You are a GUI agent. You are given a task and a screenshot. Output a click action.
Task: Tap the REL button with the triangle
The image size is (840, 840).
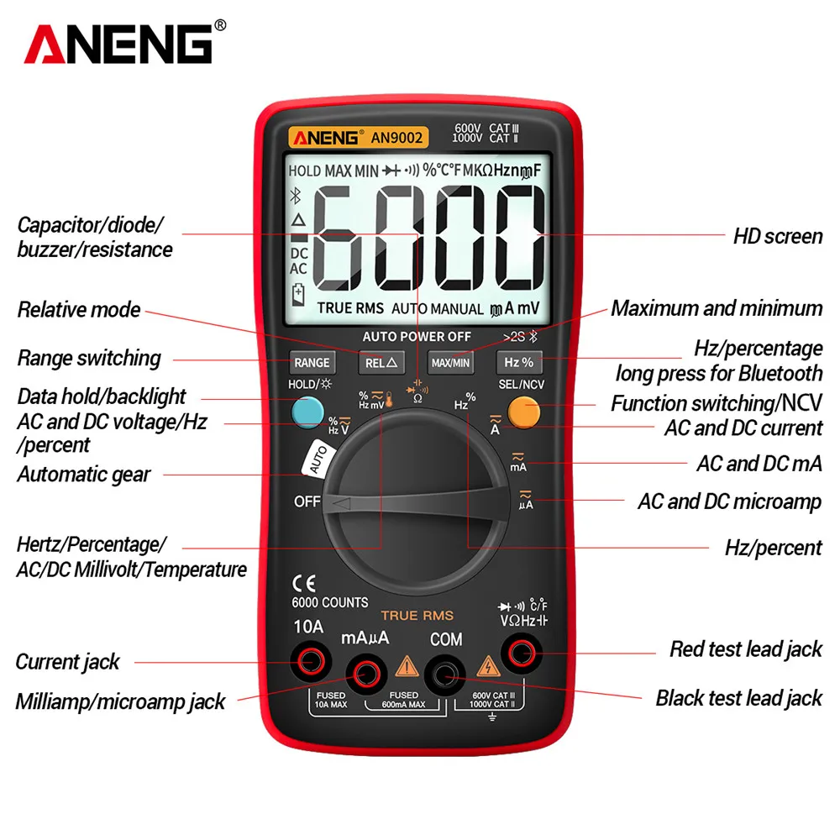coord(382,363)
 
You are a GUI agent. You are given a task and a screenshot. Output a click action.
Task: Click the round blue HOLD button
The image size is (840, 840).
coord(309,411)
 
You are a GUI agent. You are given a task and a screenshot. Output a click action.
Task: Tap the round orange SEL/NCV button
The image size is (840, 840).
coord(524,412)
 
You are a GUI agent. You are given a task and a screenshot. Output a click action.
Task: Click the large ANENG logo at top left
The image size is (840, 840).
coord(118,44)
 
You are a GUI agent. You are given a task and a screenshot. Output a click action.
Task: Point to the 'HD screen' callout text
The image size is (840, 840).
coord(777,236)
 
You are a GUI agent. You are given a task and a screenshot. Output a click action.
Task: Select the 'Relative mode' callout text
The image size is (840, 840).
coord(79,310)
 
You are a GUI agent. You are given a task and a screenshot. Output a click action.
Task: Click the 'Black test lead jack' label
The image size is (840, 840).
coord(738,698)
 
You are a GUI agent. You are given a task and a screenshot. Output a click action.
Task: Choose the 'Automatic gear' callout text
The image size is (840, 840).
coord(84,475)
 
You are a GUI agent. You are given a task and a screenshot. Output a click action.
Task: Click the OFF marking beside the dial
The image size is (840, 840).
coord(307,502)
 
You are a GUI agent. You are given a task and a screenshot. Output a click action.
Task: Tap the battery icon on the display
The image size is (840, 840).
coord(298,295)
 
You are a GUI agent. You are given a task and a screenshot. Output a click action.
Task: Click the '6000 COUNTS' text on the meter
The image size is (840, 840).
coord(329,602)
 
